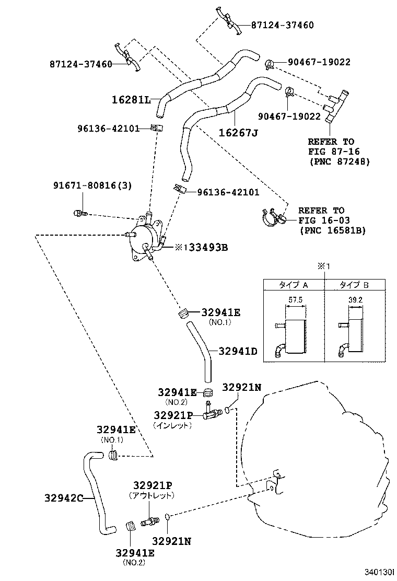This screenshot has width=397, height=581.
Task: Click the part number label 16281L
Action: [131, 99]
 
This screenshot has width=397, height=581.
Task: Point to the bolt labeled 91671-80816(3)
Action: [79, 213]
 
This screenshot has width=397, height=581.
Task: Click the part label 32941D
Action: [238, 351]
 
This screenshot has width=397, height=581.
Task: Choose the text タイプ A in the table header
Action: [293, 285]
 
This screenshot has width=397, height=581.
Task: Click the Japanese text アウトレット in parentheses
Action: [151, 495]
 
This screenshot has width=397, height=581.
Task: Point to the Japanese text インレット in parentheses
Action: [173, 425]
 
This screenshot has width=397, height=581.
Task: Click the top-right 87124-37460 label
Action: [283, 25]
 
